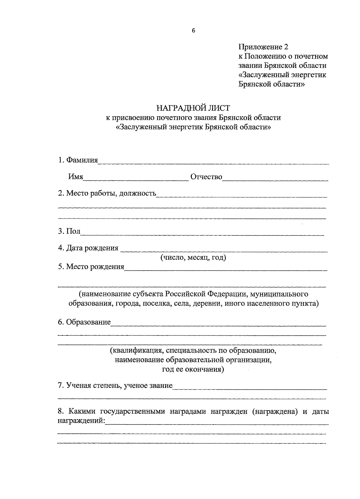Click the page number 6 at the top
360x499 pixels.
193,31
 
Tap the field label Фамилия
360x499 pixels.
82,160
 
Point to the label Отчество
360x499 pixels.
206,177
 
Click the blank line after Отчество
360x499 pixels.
275,180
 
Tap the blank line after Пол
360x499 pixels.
202,234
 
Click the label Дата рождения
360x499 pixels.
92,248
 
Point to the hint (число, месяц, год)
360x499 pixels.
193,257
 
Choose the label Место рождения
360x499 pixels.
95,267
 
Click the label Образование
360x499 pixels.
88,322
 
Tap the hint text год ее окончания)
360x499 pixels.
193,369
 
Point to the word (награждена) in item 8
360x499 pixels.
275,412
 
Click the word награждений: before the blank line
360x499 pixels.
81,421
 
